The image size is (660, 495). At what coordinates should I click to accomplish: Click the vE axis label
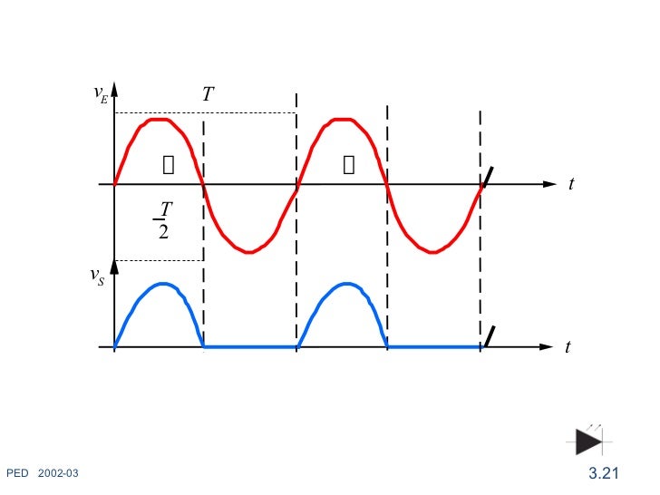(x=100, y=94)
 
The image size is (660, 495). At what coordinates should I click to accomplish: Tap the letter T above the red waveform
(x=208, y=94)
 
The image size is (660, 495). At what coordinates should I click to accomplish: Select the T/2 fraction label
(x=163, y=220)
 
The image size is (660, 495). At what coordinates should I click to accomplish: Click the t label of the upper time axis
(x=572, y=184)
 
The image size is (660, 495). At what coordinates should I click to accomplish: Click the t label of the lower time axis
(x=568, y=347)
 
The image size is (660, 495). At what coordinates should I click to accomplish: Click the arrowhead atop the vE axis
(x=114, y=92)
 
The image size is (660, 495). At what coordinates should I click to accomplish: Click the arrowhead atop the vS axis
(x=114, y=266)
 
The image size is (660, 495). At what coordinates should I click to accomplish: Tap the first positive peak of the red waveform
(x=160, y=119)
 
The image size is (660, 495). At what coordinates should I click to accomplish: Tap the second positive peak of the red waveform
(x=342, y=119)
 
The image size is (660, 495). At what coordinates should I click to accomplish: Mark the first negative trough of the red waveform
(x=250, y=251)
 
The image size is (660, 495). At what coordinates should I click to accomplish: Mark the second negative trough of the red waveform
(x=434, y=251)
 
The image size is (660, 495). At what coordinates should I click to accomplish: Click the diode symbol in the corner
(x=589, y=442)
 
